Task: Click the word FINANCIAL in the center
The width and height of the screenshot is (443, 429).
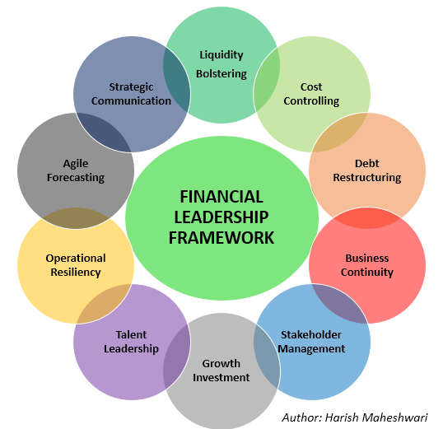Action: [x=221, y=197]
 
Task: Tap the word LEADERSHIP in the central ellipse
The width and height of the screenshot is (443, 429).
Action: [x=221, y=217]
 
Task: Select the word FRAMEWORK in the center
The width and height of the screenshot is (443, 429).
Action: [x=221, y=238]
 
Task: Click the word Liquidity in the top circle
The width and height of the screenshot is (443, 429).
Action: [x=221, y=55]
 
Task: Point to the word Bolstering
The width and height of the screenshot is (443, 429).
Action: [x=221, y=74]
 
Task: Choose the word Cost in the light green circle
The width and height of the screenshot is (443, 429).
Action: [x=311, y=86]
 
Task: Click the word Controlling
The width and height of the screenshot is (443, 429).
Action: [x=311, y=101]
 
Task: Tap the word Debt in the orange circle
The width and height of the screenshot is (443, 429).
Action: [x=367, y=163]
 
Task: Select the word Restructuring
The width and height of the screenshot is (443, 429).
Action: [x=367, y=178]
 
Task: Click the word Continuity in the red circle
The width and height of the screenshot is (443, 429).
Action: [x=367, y=273]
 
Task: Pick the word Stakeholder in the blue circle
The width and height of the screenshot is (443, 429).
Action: [x=311, y=334]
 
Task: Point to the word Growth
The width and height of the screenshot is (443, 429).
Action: [x=221, y=363]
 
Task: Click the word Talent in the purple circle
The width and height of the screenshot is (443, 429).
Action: [x=131, y=334]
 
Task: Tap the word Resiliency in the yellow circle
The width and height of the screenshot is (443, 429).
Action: [x=76, y=273]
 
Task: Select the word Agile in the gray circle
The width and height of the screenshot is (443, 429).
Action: [x=76, y=164]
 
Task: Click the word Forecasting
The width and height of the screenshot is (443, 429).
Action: [x=76, y=178]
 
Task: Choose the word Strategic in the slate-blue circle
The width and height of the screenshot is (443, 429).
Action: [x=131, y=87]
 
